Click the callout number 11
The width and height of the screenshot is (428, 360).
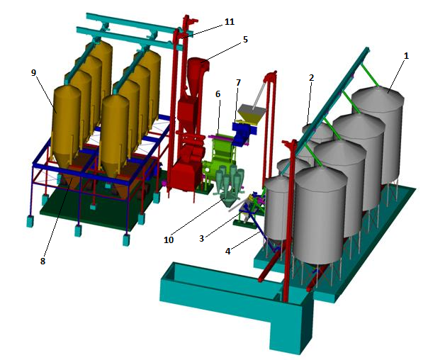[230, 21]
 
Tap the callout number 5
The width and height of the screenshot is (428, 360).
[245, 39]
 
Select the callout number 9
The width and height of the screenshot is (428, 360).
[33, 72]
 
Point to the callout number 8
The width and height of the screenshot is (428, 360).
[43, 261]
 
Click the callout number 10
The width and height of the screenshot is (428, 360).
[169, 240]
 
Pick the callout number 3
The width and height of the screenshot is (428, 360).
[201, 238]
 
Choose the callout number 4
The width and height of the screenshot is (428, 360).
[227, 251]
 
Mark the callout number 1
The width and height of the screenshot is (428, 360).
[406, 56]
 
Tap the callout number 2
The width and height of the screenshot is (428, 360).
[312, 78]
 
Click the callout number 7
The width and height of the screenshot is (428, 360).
[238, 82]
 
